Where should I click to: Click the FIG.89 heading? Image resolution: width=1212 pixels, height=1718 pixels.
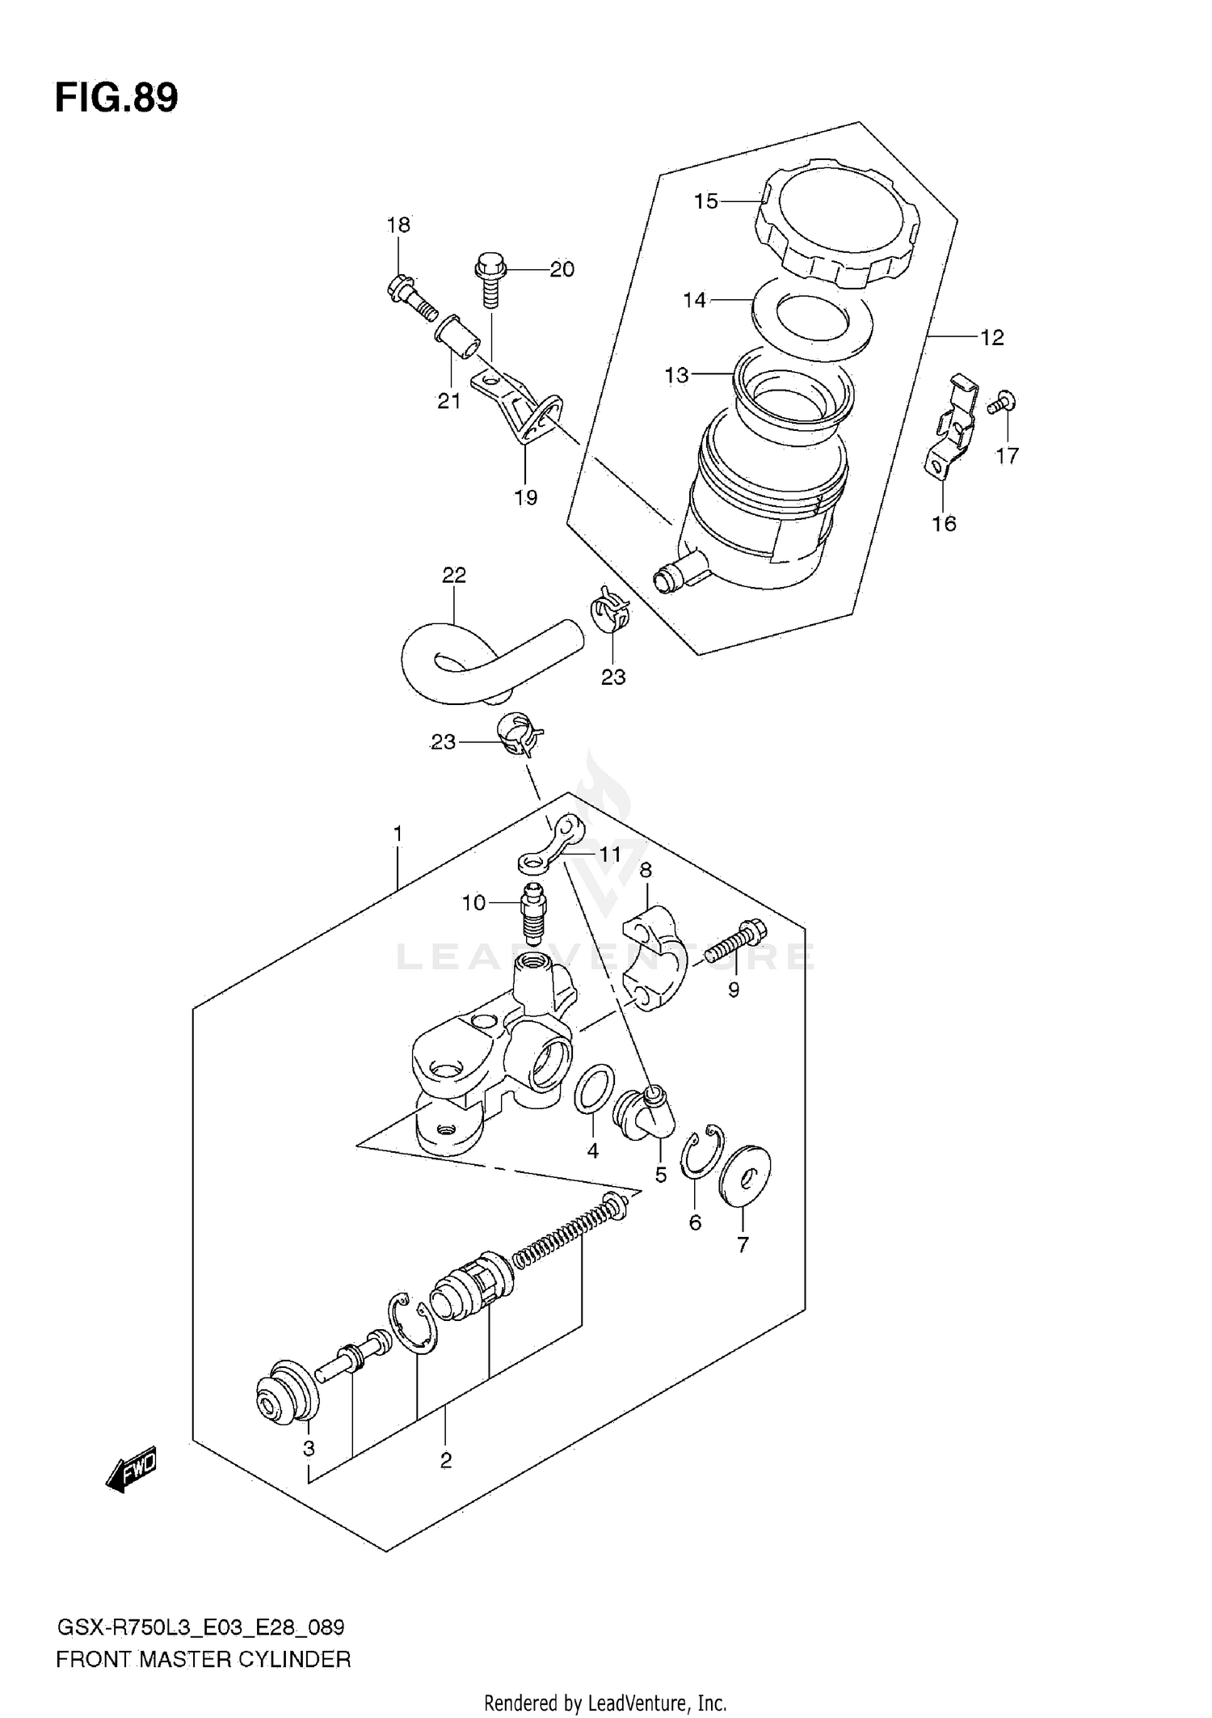coord(116,98)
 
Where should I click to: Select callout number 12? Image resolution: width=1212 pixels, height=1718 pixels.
coord(991,338)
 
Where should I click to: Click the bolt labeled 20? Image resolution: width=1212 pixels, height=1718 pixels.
coord(490,279)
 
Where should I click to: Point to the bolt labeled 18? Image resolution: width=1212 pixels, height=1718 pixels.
coord(412,299)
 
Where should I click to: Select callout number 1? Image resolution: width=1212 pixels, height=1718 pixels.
coord(398,834)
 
